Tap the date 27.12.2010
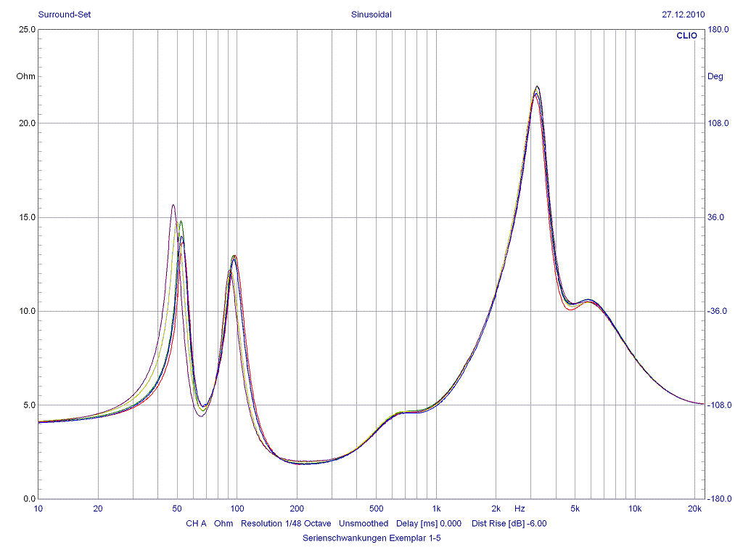click(x=683, y=14)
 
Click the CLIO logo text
click(x=686, y=35)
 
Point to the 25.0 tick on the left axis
click(x=27, y=30)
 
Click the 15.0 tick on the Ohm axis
click(x=27, y=217)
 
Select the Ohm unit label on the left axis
click(x=25, y=76)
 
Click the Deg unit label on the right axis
click(x=715, y=76)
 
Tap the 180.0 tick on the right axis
click(x=718, y=30)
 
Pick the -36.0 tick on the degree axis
click(x=718, y=311)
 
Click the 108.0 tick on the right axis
click(x=718, y=124)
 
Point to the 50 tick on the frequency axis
click(x=177, y=508)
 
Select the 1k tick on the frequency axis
click(x=436, y=508)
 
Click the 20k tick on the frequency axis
click(x=694, y=508)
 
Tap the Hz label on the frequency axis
click(x=520, y=508)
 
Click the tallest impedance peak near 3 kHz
click(x=537, y=86)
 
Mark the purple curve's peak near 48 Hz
click(x=173, y=205)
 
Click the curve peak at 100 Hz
click(x=234, y=256)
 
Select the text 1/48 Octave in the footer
click(x=308, y=523)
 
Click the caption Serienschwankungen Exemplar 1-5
click(x=371, y=538)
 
